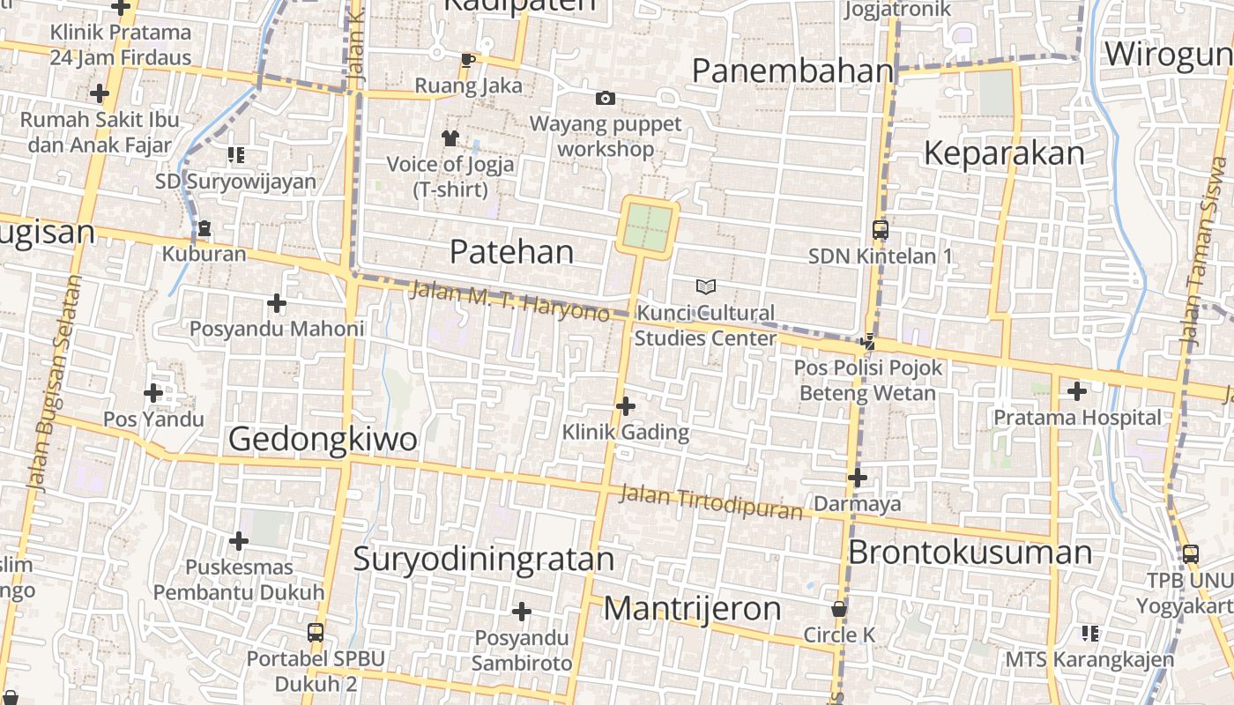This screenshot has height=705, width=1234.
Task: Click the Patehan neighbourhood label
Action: pyautogui.click(x=511, y=252)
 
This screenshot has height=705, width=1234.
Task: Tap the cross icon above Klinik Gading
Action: pyautogui.click(x=626, y=406)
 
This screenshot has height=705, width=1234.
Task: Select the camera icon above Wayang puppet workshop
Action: pyautogui.click(x=606, y=98)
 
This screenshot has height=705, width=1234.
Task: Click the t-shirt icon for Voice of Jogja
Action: pyautogui.click(x=450, y=137)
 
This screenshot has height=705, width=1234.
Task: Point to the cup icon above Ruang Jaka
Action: pyautogui.click(x=467, y=60)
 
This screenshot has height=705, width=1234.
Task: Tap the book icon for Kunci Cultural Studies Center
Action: pyautogui.click(x=705, y=286)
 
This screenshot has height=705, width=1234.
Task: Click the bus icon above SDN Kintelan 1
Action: pyautogui.click(x=880, y=230)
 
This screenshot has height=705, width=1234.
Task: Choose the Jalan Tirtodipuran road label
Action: pyautogui.click(x=710, y=501)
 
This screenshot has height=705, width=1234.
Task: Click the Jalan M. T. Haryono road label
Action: pyautogui.click(x=509, y=301)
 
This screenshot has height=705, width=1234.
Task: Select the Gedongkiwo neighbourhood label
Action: pyautogui.click(x=323, y=439)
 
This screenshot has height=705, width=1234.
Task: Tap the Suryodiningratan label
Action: pyautogui.click(x=484, y=560)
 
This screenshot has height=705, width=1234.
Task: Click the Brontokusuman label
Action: pyautogui.click(x=970, y=553)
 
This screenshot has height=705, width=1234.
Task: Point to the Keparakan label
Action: pyautogui.click(x=1004, y=153)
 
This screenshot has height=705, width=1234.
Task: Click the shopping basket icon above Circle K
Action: pyautogui.click(x=839, y=609)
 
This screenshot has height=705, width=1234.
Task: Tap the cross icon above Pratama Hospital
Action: pyautogui.click(x=1076, y=390)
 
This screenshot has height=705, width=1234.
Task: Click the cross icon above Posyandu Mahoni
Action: pyautogui.click(x=277, y=303)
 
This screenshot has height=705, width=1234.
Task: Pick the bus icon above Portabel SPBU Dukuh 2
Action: pyautogui.click(x=315, y=632)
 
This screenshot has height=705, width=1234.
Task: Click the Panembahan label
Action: pyautogui.click(x=792, y=70)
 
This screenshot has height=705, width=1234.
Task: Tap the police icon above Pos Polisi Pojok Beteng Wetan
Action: pyautogui.click(x=869, y=342)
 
